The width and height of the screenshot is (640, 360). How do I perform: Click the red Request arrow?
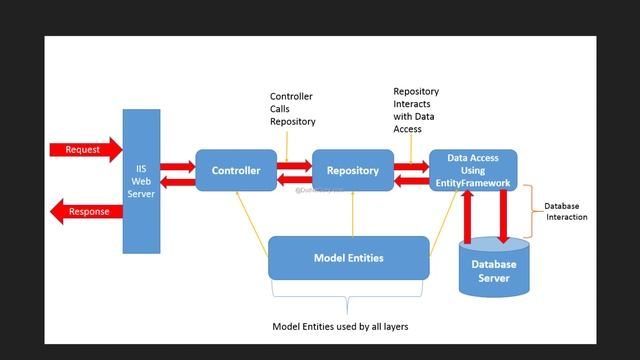click(x=83, y=150)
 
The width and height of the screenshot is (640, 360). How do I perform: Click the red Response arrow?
click(x=85, y=212)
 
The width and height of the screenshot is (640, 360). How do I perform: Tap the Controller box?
click(x=235, y=171)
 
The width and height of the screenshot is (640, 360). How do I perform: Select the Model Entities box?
click(x=348, y=258)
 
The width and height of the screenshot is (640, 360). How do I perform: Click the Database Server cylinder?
click(x=494, y=268)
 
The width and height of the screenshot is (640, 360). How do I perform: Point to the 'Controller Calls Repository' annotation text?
click(x=292, y=109)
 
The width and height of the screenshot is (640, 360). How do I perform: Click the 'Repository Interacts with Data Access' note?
click(x=416, y=110)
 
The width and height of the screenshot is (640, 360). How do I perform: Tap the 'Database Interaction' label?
click(x=566, y=211)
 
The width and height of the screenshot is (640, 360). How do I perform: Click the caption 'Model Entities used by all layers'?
click(x=340, y=327)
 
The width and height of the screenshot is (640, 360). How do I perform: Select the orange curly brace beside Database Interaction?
click(x=533, y=212)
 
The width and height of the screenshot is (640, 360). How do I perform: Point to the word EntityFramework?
click(x=473, y=183)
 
